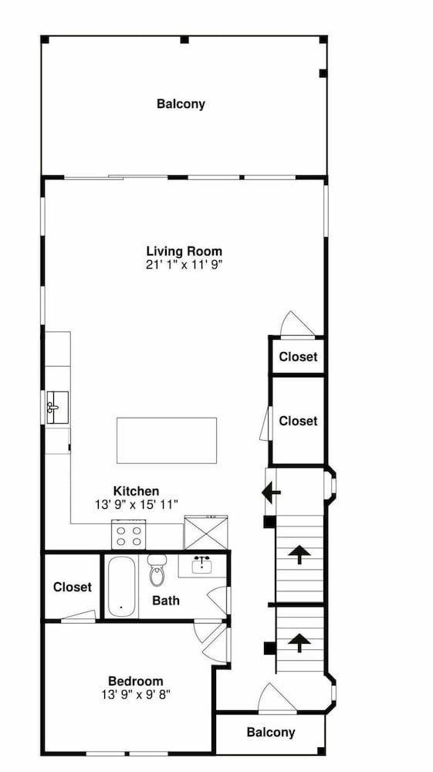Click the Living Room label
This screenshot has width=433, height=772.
[184, 252]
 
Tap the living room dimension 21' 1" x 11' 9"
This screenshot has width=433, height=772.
[184, 265]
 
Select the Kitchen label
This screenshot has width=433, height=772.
[137, 491]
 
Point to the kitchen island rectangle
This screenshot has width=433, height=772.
[167, 440]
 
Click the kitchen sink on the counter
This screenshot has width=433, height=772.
[57, 407]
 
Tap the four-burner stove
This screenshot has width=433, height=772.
[129, 535]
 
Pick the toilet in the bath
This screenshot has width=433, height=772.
[157, 571]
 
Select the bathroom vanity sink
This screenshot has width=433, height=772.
[201, 565]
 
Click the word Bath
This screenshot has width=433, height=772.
[166, 601]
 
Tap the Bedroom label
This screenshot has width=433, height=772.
[136, 682]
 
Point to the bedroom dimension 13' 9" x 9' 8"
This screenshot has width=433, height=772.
[136, 695]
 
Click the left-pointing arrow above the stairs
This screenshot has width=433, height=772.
[271, 493]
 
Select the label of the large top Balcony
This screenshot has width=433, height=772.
[181, 104]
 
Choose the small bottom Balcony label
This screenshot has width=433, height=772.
[271, 732]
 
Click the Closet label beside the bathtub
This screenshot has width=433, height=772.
[73, 587]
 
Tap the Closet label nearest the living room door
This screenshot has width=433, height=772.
[298, 357]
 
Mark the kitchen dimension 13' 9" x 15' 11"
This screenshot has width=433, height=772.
[137, 504]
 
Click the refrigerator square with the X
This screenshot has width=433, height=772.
[206, 532]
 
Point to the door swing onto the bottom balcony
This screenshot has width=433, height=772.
[277, 698]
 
